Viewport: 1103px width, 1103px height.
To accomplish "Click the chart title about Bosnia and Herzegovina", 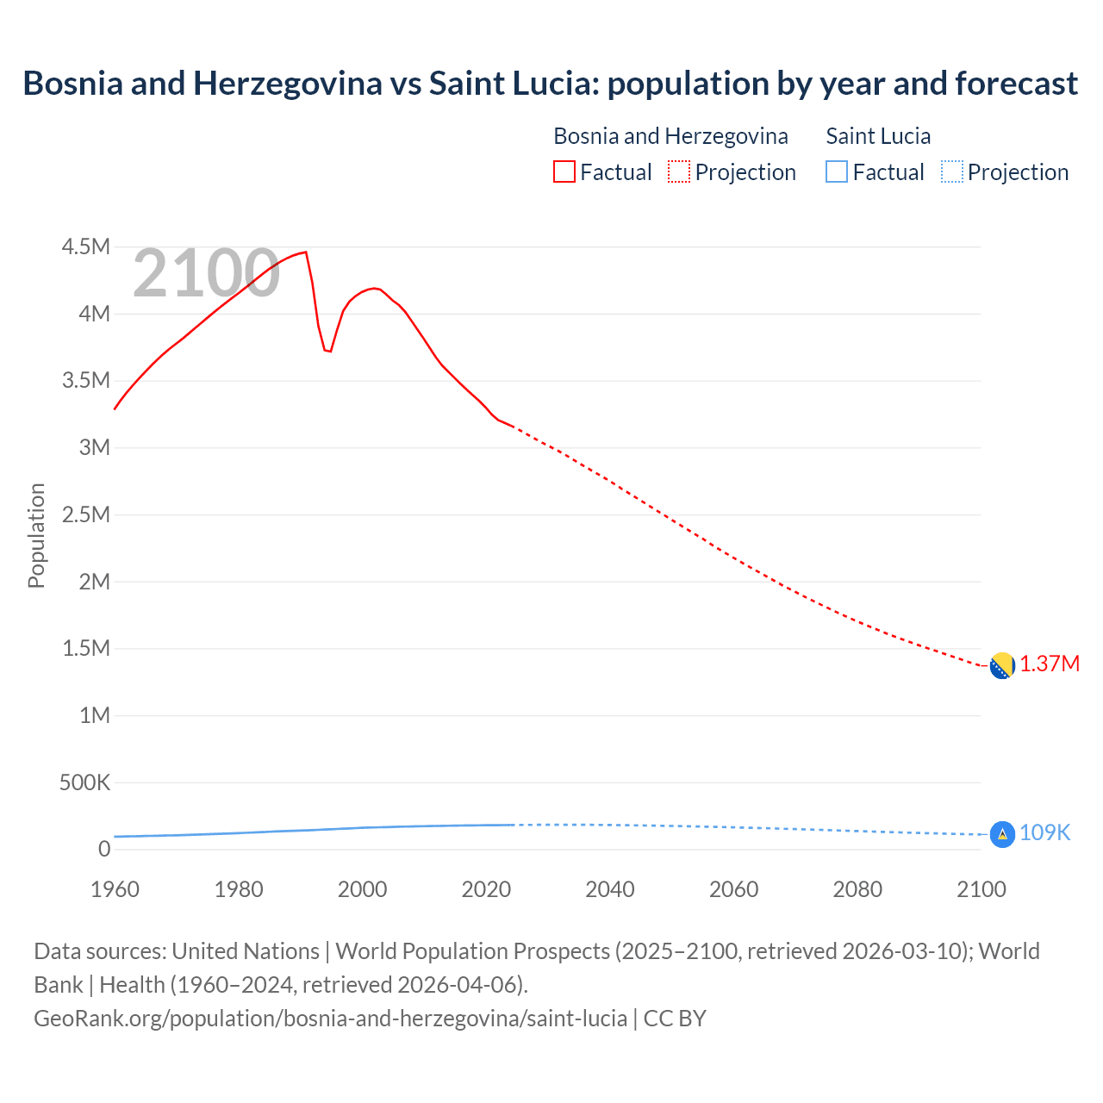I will tap(550, 84).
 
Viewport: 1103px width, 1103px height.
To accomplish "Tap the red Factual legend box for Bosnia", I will tap(564, 172).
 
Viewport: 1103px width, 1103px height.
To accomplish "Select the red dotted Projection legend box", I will tap(679, 172).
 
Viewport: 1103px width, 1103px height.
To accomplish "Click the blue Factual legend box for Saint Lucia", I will tap(836, 172).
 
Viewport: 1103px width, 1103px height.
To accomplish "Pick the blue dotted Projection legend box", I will tap(951, 172).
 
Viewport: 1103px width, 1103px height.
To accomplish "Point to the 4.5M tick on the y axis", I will tap(86, 247).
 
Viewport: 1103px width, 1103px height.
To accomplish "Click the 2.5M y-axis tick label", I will tap(86, 515).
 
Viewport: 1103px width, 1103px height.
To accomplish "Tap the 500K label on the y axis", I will tap(84, 782).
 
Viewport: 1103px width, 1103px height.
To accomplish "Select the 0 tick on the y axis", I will tap(104, 850).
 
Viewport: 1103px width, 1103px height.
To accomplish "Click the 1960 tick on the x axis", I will tap(115, 889).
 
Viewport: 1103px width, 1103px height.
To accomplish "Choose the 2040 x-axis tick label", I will tap(610, 889).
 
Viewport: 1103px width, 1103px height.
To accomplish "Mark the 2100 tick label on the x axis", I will tap(981, 889).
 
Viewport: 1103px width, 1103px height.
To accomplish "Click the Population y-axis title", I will tap(36, 535).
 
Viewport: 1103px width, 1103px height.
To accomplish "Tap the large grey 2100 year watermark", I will tap(206, 274).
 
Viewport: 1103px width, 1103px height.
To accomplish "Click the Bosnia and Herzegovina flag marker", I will tap(1001, 665).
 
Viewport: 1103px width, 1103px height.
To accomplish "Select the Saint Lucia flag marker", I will tap(1001, 834).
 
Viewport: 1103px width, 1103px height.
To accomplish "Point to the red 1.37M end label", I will tap(1050, 664).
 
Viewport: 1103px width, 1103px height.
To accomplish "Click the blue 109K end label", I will tap(1044, 833).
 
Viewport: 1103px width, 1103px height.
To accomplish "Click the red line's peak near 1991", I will tap(305, 252).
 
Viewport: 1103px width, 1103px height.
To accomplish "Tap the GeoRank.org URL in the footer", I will tap(330, 1019).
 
